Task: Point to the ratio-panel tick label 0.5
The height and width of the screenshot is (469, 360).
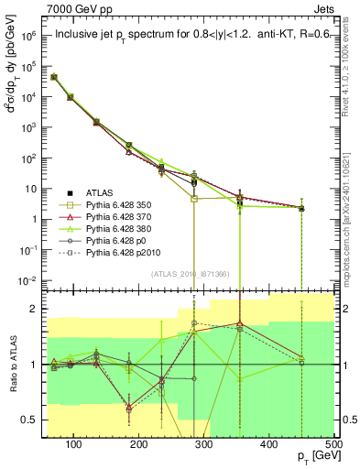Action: [x=30, y=420]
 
